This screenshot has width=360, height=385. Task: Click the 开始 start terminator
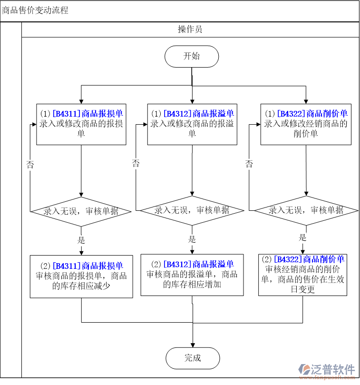tap(192, 57)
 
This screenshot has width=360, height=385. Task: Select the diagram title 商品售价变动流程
tap(35, 10)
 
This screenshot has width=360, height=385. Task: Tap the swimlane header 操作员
tap(190, 30)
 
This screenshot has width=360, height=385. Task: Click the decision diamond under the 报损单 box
tap(81, 211)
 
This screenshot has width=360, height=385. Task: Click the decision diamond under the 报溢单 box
tap(192, 210)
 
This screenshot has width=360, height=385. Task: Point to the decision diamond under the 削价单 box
tap(306, 210)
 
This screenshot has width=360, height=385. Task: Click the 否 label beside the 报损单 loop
tap(30, 165)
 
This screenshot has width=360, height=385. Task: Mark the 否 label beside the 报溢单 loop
tap(136, 163)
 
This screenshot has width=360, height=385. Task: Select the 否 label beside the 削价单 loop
tap(249, 164)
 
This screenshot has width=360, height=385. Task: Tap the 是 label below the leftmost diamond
tap(81, 240)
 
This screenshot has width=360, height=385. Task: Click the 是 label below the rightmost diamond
tap(302, 237)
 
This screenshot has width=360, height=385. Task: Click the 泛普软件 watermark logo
tap(327, 370)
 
